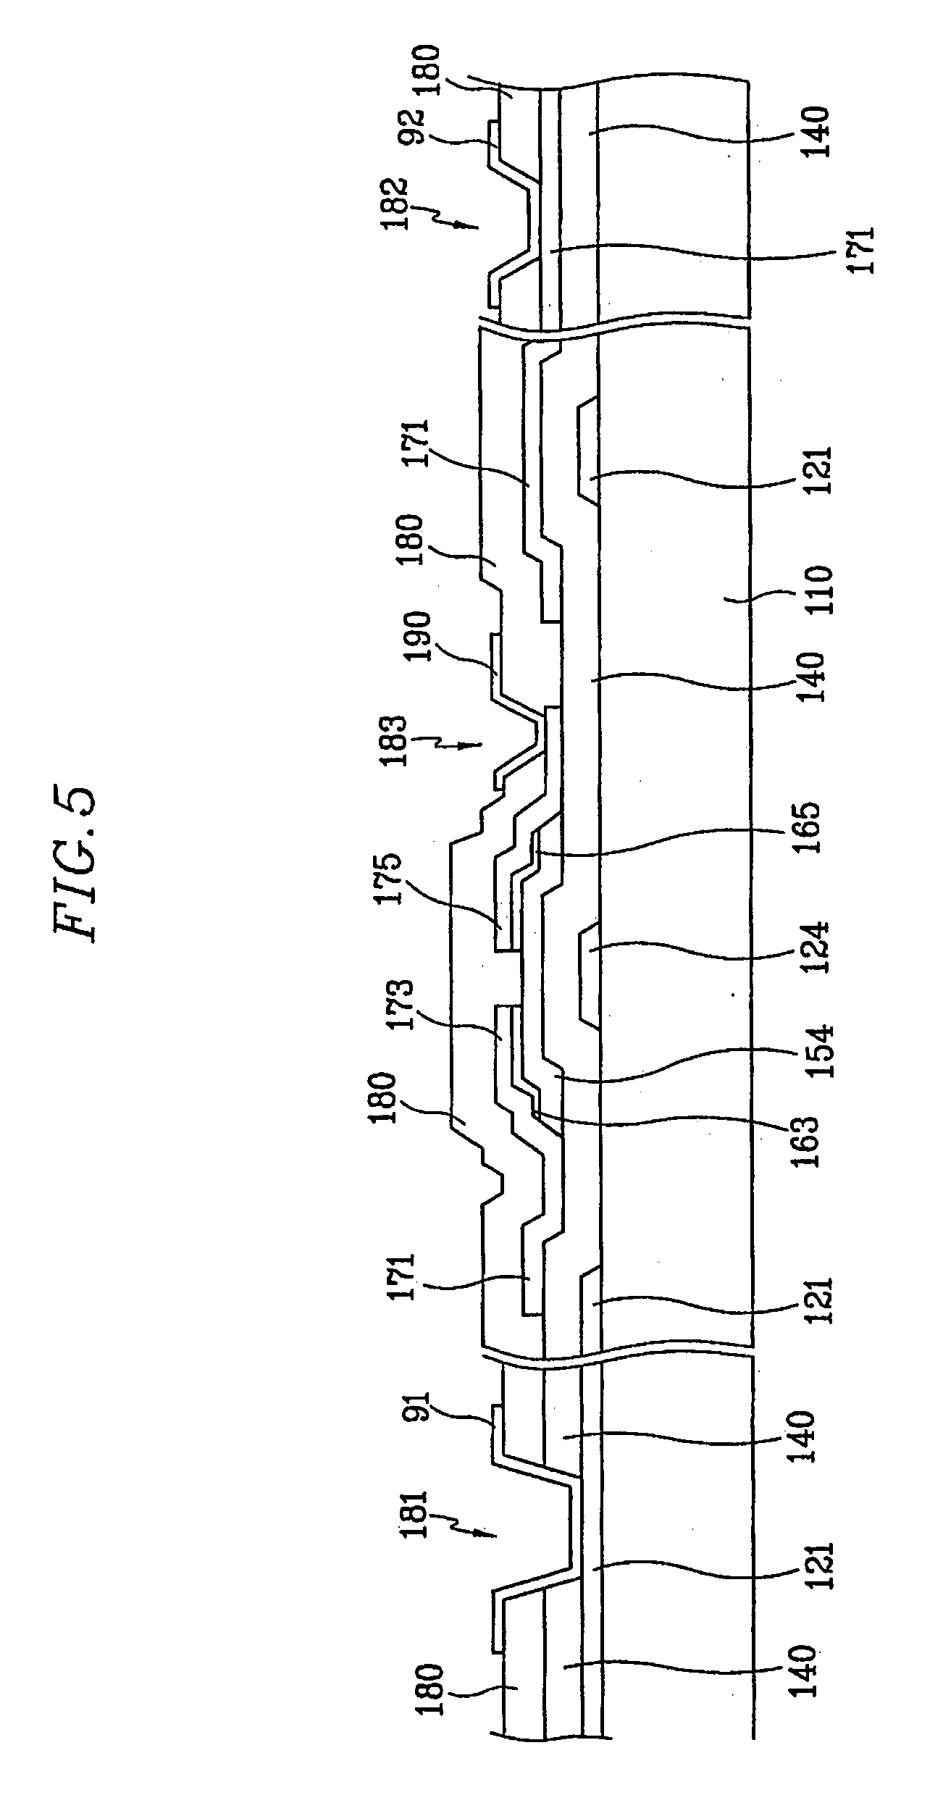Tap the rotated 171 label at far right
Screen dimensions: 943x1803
coord(863,251)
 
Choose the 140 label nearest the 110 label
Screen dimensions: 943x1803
coord(806,677)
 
